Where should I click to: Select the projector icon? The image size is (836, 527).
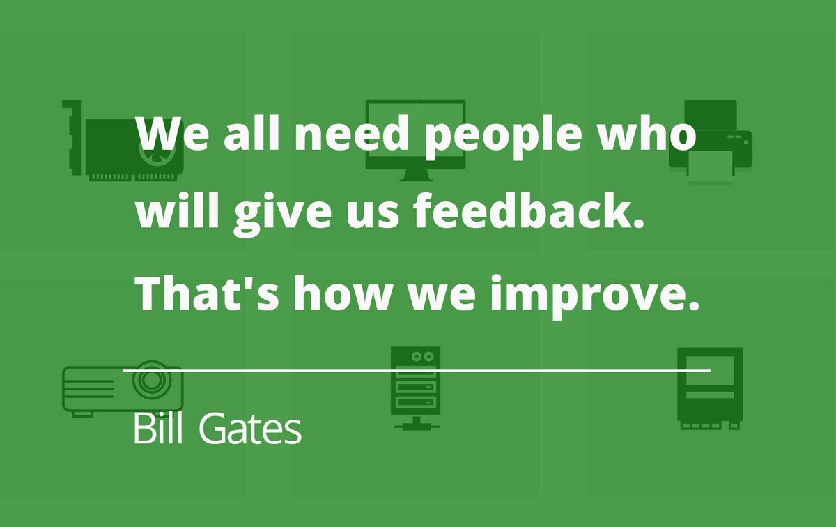[123, 388]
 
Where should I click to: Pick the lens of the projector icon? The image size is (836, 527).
[151, 381]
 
